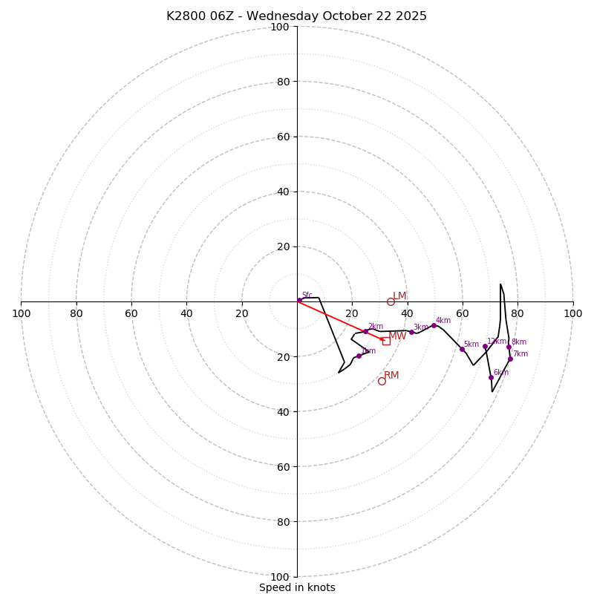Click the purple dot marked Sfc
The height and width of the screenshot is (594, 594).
(x=299, y=300)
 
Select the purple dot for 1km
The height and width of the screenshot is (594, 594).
(x=359, y=356)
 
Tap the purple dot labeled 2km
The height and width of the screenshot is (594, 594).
(x=365, y=331)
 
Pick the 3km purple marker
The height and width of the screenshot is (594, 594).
(x=411, y=332)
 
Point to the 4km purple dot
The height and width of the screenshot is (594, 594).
(x=434, y=325)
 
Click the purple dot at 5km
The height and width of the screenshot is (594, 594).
(x=462, y=349)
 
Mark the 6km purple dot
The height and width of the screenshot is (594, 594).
(x=491, y=377)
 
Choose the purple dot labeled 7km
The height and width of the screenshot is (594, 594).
(x=510, y=359)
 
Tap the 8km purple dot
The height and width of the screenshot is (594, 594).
(x=509, y=347)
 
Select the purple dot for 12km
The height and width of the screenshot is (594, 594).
(x=485, y=346)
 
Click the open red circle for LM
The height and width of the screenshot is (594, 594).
(x=391, y=301)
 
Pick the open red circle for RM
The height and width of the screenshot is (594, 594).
(x=382, y=381)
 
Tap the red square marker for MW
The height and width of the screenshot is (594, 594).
(x=386, y=341)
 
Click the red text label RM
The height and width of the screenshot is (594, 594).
(x=391, y=375)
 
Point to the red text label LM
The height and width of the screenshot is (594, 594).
(x=399, y=296)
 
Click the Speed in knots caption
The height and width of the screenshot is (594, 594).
(x=297, y=587)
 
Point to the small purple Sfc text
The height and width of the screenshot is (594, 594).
(x=307, y=295)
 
